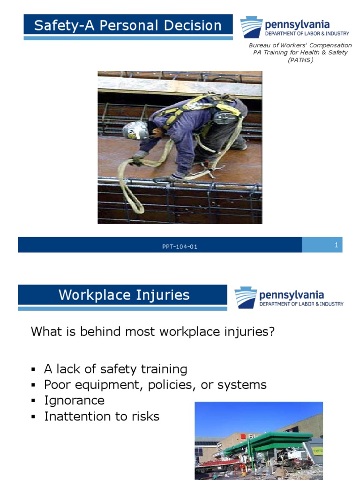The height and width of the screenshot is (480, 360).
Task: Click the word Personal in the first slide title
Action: [x=134, y=25]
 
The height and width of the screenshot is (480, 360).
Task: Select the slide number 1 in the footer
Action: [x=336, y=245]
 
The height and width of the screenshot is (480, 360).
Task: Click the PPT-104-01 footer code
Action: [x=180, y=247]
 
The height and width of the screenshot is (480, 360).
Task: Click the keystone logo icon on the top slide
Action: [x=251, y=27]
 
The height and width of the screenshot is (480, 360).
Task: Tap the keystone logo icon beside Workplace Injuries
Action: [x=246, y=298]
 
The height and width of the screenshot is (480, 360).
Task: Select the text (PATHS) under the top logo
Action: [x=300, y=60]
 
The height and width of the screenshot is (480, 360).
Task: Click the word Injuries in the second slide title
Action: [x=164, y=295]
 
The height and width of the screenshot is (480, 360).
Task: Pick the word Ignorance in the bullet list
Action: [x=74, y=401]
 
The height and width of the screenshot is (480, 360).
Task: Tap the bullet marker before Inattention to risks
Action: [x=34, y=417]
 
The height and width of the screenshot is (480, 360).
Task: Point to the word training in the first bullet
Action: [x=164, y=369]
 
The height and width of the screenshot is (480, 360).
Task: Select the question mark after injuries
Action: [x=271, y=332]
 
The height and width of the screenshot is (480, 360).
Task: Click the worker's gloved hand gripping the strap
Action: [x=138, y=159]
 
